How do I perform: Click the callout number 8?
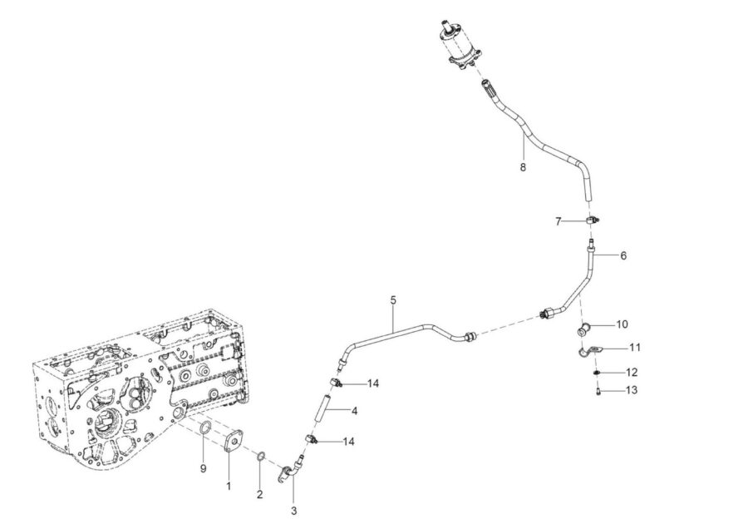coord(523,167)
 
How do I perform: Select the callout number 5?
coord(393,300)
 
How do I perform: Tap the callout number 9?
coord(204,469)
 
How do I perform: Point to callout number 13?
coord(631,390)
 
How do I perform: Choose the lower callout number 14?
coord(349,442)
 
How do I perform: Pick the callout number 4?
coord(354,411)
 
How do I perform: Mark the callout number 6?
coord(623,255)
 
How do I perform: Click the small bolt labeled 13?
coord(598,392)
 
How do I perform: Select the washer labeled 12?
coord(597,372)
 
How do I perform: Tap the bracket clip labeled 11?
coord(589,351)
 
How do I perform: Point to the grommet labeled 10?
coord(584,329)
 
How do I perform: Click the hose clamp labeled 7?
coord(593,220)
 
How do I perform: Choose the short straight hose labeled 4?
coord(323,407)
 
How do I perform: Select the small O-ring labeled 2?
coord(260,457)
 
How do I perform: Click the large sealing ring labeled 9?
coord(205,428)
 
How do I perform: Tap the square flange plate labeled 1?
coord(234,441)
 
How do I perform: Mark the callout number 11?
coord(634,347)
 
